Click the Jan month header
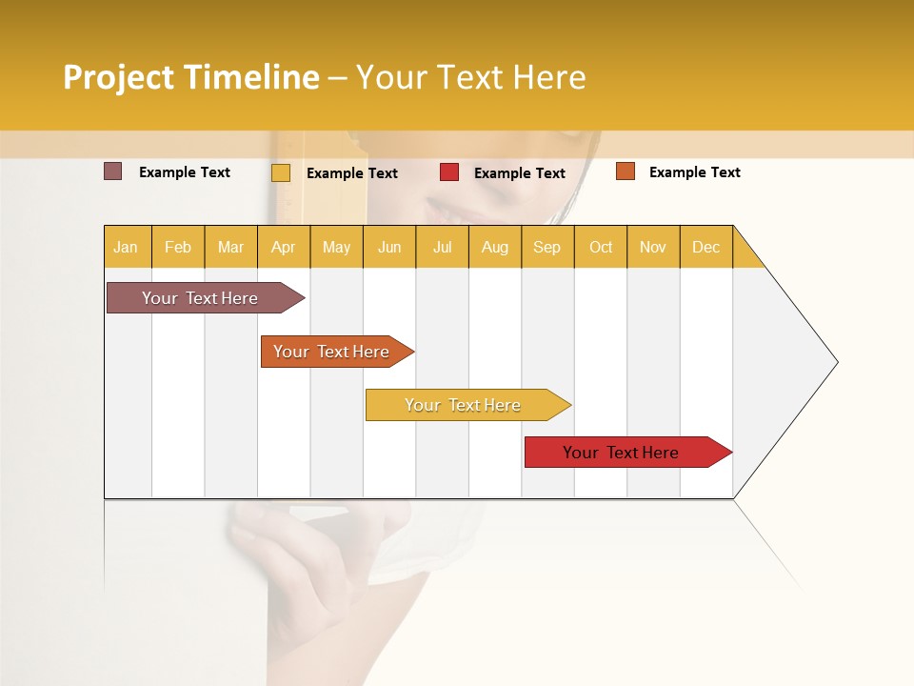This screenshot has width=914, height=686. pos(127,247)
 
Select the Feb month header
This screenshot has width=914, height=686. pos(178,247)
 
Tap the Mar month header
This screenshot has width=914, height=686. pos(230,247)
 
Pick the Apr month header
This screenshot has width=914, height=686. pos(284,247)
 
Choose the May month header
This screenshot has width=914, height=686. pos(336,247)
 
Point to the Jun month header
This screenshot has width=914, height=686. pos(389,247)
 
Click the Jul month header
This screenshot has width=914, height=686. pos(442,247)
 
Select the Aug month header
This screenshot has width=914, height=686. pos(495,247)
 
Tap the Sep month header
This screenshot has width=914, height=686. pos(547,247)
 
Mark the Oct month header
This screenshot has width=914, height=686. pos(601,247)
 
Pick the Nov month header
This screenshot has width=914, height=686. pos(653,247)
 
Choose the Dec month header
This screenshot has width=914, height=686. pos(706,247)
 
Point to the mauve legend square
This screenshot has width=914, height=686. pos(113,171)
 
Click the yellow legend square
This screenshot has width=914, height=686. pos(281,172)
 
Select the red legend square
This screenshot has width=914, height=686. pos(449,172)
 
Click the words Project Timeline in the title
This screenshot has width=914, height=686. pos(191,77)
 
